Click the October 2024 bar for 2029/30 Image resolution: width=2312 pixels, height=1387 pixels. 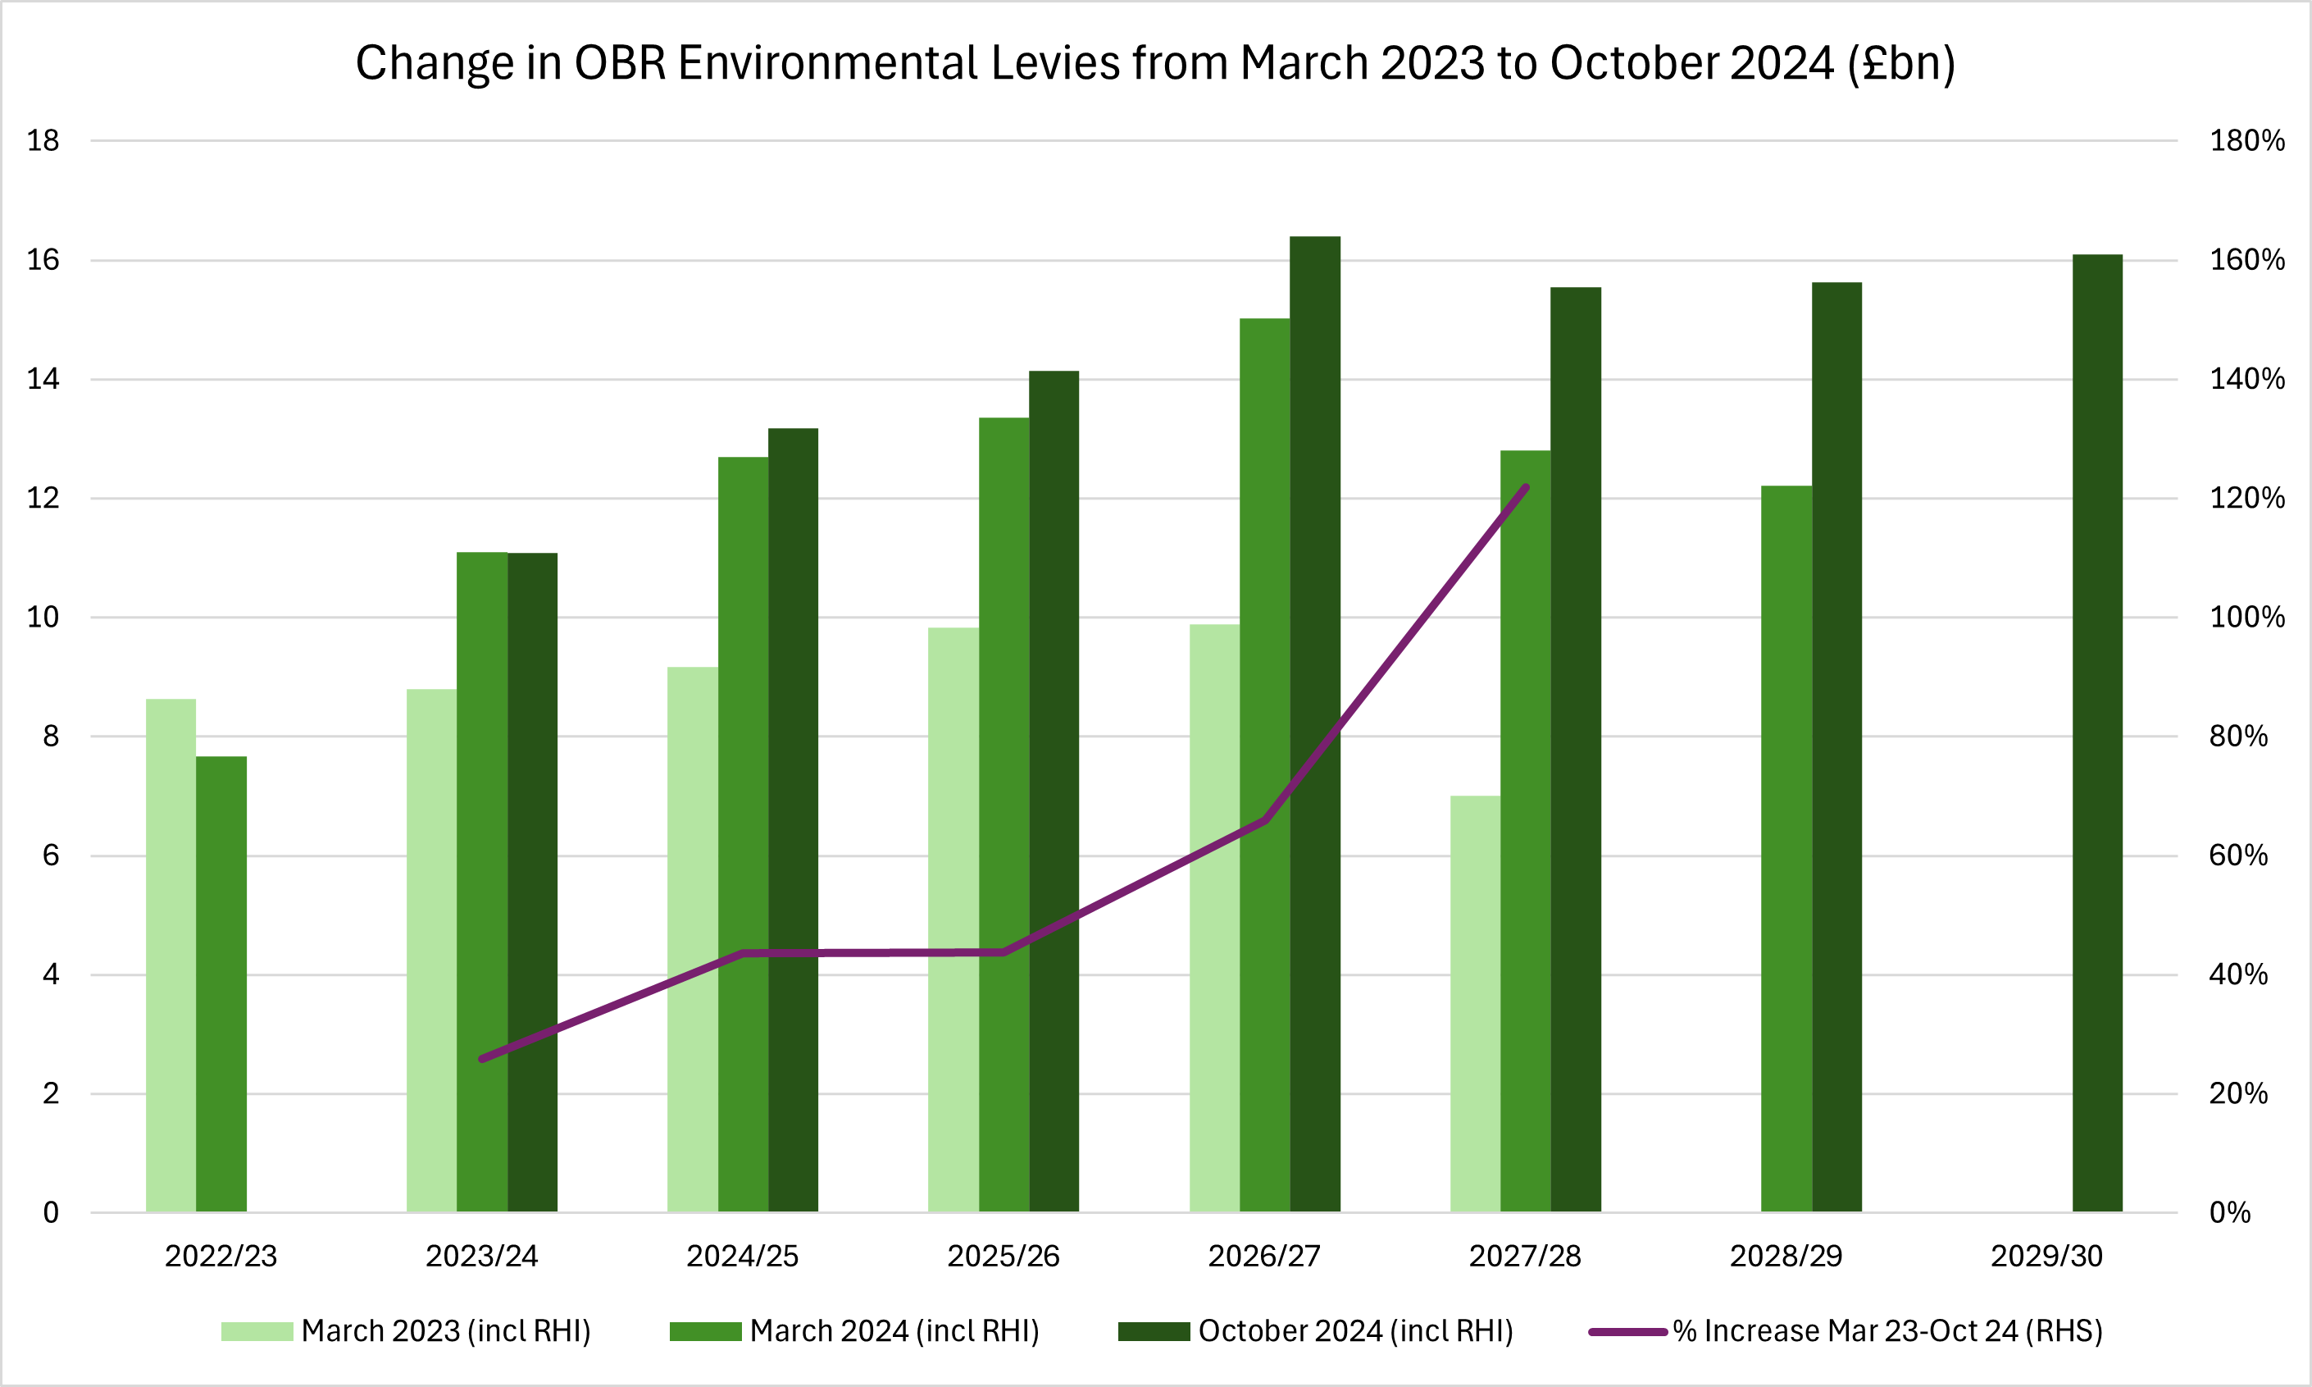tap(2097, 732)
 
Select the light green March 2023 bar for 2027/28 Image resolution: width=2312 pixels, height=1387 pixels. tap(1475, 1004)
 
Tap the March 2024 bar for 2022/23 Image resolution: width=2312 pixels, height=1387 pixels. tap(221, 983)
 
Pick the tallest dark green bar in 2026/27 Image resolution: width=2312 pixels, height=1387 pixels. tap(1314, 723)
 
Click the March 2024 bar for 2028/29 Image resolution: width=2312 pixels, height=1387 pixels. tap(1786, 849)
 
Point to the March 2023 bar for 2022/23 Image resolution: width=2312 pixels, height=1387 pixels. tap(171, 956)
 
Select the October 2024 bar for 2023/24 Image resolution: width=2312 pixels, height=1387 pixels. tap(532, 883)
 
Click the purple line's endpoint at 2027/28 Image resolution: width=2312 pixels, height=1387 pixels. tap(1527, 487)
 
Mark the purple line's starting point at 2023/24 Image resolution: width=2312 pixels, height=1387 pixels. tap(482, 1059)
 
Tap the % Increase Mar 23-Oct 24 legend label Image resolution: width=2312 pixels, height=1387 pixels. tap(1887, 1331)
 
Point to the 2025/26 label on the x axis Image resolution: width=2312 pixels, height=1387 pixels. tap(1004, 1256)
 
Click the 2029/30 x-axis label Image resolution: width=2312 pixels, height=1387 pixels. tap(2046, 1256)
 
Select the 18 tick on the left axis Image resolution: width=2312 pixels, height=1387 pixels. tap(43, 141)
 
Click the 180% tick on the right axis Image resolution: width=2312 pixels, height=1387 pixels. tap(2246, 141)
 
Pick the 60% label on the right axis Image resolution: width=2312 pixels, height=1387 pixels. tap(2238, 855)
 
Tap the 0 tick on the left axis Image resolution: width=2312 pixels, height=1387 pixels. tap(51, 1213)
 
